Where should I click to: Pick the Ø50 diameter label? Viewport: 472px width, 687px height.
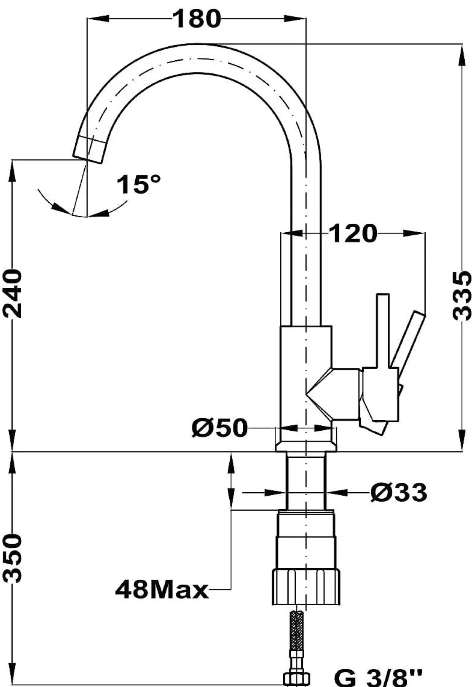click(219, 428)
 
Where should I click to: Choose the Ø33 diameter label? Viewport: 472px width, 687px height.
click(399, 492)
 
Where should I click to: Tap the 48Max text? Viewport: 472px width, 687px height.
click(162, 590)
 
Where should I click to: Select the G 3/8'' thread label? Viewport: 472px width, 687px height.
click(378, 678)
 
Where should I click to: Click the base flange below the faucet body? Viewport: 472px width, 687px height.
click(306, 447)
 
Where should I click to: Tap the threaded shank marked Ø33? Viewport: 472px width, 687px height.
click(306, 480)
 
